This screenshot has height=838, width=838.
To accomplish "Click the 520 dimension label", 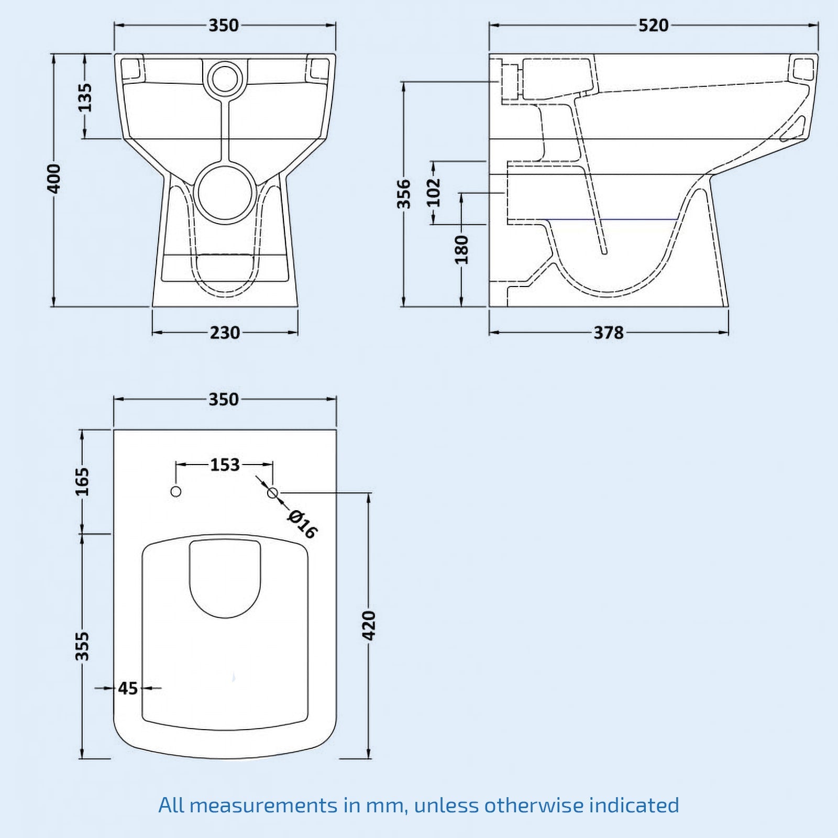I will (x=653, y=25).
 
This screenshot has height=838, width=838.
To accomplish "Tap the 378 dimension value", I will (x=608, y=333).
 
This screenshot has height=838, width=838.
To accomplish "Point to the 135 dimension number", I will (x=84, y=97).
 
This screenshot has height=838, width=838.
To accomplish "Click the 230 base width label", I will (x=225, y=333).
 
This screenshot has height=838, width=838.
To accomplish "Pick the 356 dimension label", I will (x=404, y=193).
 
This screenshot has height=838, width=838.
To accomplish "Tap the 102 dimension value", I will (x=434, y=192).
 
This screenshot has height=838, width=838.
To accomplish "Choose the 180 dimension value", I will (x=461, y=249).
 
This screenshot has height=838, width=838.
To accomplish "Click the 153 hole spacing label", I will (x=225, y=465).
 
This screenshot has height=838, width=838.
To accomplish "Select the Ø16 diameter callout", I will (x=302, y=524).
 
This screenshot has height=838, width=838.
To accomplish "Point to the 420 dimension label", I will (x=369, y=625).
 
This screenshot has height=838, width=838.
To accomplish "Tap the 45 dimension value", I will (x=128, y=688).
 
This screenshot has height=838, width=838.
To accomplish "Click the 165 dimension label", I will (x=83, y=481).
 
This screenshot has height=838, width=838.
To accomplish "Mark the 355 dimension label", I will (x=83, y=646).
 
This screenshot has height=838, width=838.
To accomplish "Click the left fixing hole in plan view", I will (x=176, y=492).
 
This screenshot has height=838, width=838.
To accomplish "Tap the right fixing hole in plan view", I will (x=272, y=493).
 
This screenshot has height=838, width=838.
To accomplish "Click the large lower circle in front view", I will (x=225, y=192).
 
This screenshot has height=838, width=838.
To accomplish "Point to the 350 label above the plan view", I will (x=224, y=400).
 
